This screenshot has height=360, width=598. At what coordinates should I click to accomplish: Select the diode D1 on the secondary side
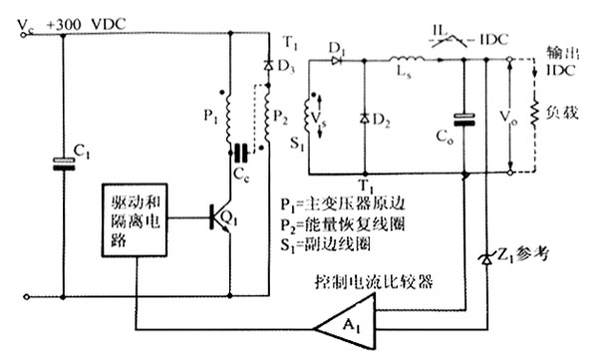click(x=336, y=59)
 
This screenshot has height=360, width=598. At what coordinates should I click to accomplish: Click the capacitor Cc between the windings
click(x=239, y=153)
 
